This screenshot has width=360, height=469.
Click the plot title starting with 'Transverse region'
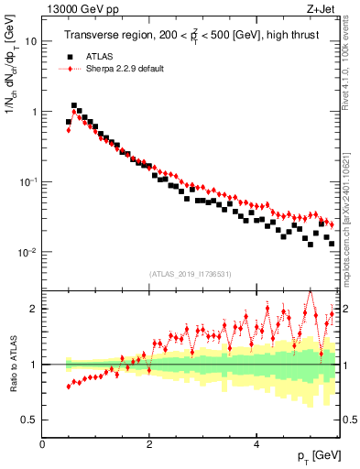coord(193,37)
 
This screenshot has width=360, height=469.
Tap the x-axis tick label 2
coord(149,444)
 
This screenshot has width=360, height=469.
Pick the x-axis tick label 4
coord(256,444)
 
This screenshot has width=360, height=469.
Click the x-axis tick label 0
coord(43,444)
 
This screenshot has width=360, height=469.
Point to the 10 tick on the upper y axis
coord(31,41)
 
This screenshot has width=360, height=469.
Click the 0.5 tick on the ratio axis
coord(29,420)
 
